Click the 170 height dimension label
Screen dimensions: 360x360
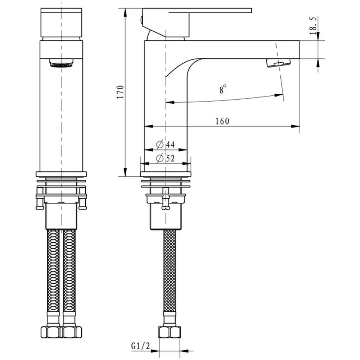click(121, 92)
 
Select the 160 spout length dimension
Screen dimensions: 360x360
click(222, 121)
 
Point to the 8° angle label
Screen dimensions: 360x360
click(223, 89)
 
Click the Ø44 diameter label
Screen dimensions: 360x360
click(166, 145)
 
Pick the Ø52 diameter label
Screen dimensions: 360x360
click(166, 158)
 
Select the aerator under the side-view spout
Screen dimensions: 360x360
click(278, 63)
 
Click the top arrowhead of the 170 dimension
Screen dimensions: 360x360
click(125, 12)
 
